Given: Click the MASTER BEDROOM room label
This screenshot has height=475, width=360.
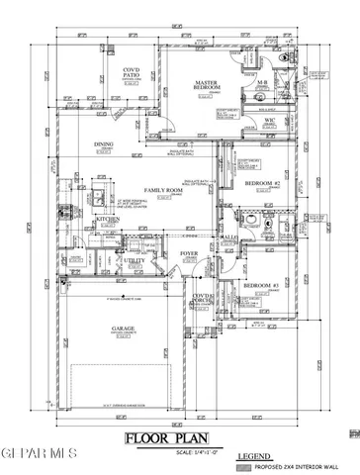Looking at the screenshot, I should pos(206,85).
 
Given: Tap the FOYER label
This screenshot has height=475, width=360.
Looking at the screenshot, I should pos(189,254).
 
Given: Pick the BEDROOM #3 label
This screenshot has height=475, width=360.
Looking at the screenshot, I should pos(259,284).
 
